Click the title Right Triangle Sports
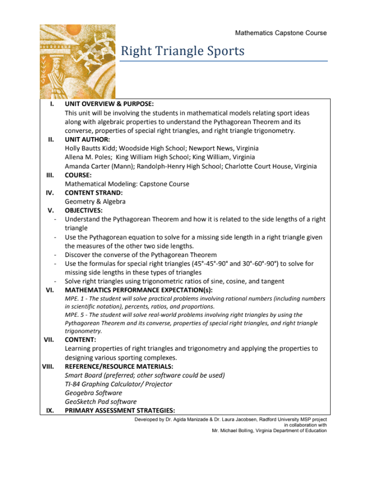[x=182, y=52]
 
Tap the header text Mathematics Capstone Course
[x=281, y=33]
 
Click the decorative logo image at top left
[x=77, y=61]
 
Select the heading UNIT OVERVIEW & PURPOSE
[x=109, y=104]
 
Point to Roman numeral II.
[x=51, y=140]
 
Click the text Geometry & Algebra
[x=95, y=202]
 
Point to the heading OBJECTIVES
[x=83, y=211]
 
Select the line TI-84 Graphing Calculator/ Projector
[x=119, y=384]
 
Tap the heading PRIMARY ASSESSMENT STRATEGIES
[x=120, y=411]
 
